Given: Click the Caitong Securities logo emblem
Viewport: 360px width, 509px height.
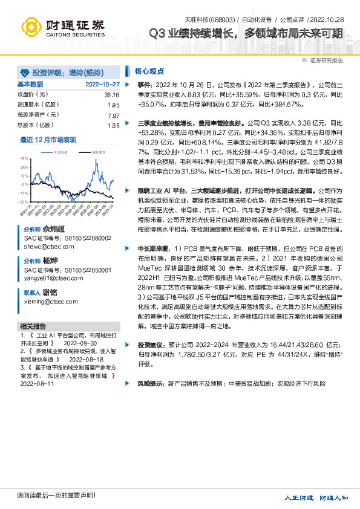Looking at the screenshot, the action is [31, 26].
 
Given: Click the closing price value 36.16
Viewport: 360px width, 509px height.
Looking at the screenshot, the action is [111, 95].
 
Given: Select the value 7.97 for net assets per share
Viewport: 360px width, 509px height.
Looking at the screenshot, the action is [113, 115].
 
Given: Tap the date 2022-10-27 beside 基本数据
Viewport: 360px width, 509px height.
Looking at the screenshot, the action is [102, 85].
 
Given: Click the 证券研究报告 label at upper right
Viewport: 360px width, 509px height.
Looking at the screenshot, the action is [327, 60].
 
